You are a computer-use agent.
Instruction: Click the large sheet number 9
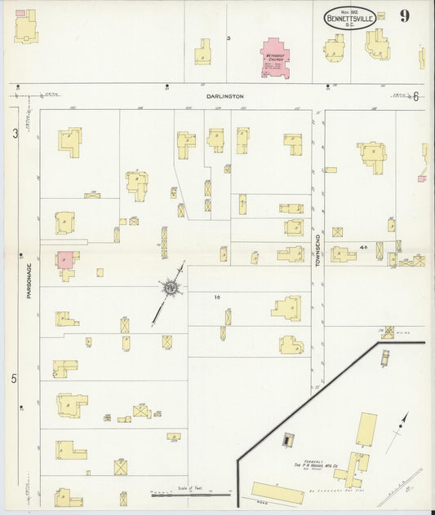(x=405, y=15)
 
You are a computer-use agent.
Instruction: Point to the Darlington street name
(x=225, y=96)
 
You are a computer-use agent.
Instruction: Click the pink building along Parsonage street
(x=65, y=260)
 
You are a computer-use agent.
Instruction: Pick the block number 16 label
(x=217, y=297)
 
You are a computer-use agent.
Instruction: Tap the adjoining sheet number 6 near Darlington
(x=415, y=96)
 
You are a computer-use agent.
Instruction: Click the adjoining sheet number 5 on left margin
(x=14, y=378)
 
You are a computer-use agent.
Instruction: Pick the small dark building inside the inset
(x=287, y=440)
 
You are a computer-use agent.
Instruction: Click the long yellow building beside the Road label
(x=277, y=492)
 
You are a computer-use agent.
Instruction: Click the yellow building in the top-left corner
(x=27, y=29)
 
